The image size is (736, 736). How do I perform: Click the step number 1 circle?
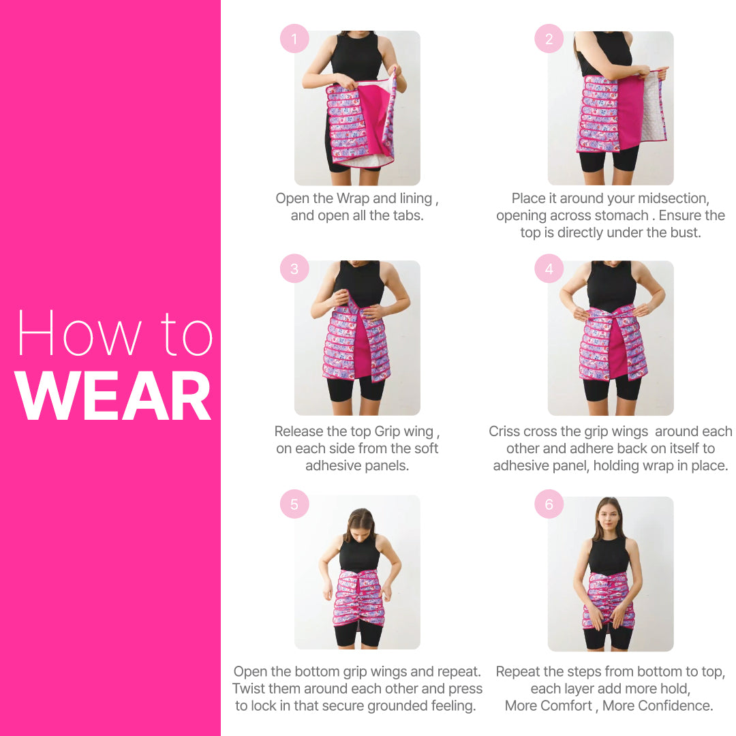294,39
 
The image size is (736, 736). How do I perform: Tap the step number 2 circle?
549,39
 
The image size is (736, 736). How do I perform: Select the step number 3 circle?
294,269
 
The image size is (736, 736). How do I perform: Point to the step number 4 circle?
549,269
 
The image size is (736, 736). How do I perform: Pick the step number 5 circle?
294,504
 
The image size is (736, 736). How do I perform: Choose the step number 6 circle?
549,504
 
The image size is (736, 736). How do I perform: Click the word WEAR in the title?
114,397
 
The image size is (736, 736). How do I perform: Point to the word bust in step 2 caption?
685,232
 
